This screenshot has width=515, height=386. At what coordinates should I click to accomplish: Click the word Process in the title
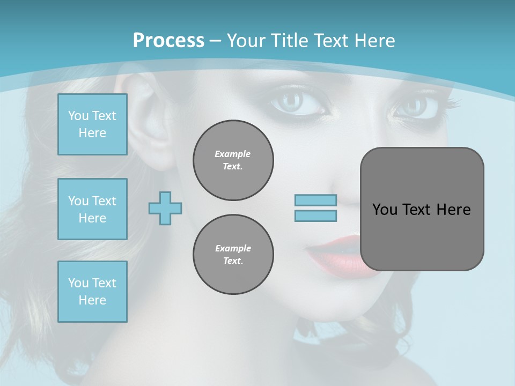pyautogui.click(x=168, y=40)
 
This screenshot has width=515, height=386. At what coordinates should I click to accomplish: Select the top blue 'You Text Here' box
pyautogui.click(x=92, y=124)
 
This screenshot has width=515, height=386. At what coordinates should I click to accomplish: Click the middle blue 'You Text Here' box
pyautogui.click(x=92, y=209)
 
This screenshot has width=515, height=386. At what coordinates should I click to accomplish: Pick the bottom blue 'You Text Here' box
pyautogui.click(x=92, y=292)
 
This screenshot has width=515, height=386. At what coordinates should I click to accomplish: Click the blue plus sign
pyautogui.click(x=165, y=208)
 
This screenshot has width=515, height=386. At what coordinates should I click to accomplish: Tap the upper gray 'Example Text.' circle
pyautogui.click(x=233, y=160)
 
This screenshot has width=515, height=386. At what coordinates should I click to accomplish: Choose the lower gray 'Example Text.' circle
pyautogui.click(x=233, y=254)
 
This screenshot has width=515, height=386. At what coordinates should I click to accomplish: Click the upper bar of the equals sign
pyautogui.click(x=315, y=201)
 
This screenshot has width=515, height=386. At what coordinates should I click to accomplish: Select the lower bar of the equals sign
pyautogui.click(x=315, y=216)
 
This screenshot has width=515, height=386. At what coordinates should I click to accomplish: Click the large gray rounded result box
pyautogui.click(x=422, y=236)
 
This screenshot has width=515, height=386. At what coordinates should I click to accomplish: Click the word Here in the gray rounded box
pyautogui.click(x=453, y=210)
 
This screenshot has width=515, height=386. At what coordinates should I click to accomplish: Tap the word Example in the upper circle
pyautogui.click(x=233, y=154)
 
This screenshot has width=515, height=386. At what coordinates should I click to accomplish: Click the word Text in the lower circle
pyautogui.click(x=232, y=261)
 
